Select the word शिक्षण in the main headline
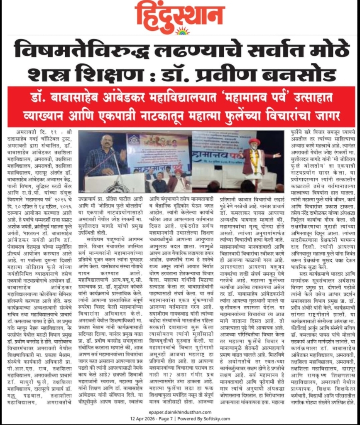104,73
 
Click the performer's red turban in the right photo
254,142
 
